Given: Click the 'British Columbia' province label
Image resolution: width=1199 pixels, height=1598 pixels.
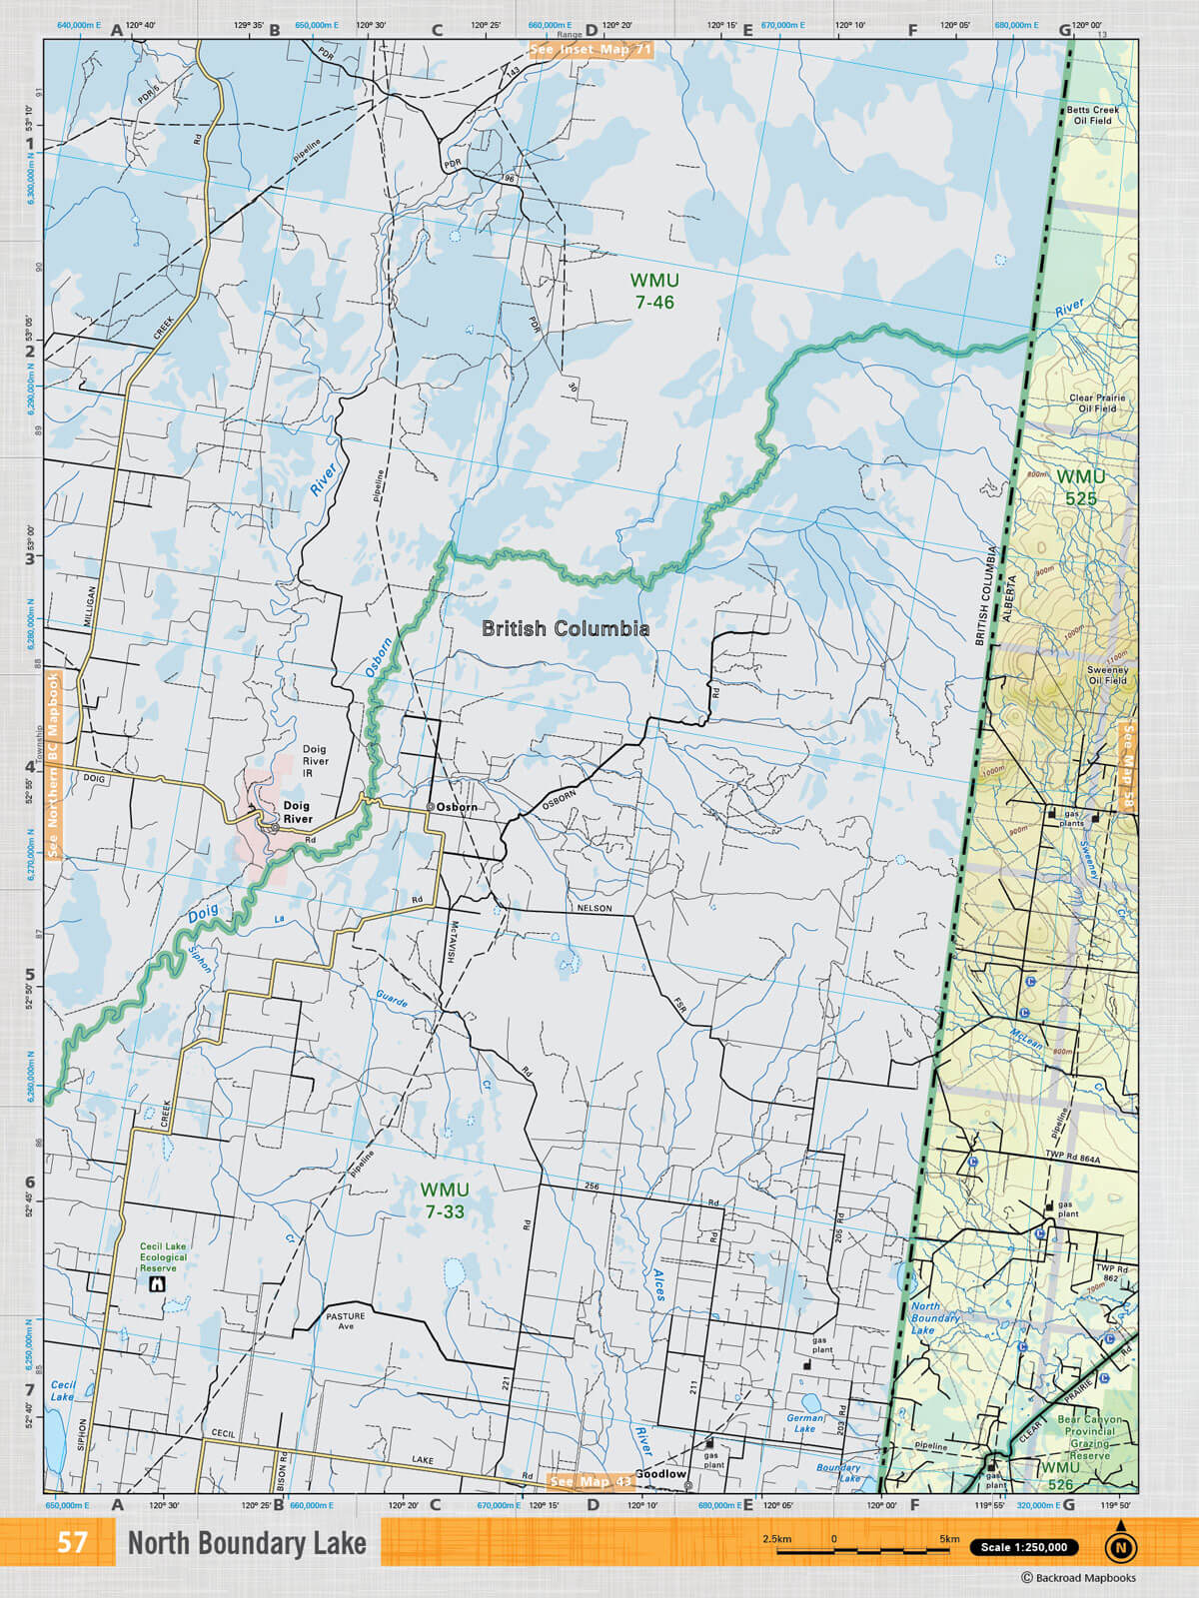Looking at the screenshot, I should (x=566, y=628).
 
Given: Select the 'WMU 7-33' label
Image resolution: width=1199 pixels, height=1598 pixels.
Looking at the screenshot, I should (x=444, y=1200).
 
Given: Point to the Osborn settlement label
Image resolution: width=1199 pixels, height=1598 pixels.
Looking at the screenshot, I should (x=456, y=806).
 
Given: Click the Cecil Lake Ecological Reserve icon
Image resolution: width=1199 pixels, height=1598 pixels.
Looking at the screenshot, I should (x=156, y=1284).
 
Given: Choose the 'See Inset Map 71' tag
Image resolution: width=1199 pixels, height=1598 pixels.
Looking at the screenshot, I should (x=591, y=49).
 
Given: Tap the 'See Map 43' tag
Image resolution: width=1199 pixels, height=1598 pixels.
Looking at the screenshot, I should (x=591, y=1481).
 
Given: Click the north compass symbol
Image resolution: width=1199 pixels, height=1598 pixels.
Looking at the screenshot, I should (x=1120, y=1547).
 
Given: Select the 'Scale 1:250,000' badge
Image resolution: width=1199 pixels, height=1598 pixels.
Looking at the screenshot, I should (x=1023, y=1547).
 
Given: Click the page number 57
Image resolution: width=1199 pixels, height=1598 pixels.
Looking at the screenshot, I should (x=72, y=1543).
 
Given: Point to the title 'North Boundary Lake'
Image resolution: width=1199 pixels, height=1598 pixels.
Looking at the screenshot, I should (x=247, y=1544).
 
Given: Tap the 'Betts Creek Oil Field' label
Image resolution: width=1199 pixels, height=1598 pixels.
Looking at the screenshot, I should (x=1092, y=115).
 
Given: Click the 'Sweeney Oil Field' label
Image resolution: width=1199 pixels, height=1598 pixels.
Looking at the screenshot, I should (x=1107, y=675).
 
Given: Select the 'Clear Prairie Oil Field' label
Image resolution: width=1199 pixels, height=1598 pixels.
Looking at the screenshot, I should (x=1097, y=402).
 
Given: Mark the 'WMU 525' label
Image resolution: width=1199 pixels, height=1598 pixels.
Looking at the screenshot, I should (x=1081, y=487).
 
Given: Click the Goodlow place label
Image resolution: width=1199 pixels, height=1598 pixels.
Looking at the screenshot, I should (x=660, y=1474).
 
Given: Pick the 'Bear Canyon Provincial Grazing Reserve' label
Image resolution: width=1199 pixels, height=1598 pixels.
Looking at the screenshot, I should (x=1089, y=1437).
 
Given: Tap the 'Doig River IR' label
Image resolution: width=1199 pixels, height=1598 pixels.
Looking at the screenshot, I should (x=315, y=761).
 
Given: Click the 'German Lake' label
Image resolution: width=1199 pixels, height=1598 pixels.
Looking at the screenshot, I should (x=805, y=1423).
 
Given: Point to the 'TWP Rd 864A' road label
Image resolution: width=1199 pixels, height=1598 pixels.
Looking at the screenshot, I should (x=1072, y=1160).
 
